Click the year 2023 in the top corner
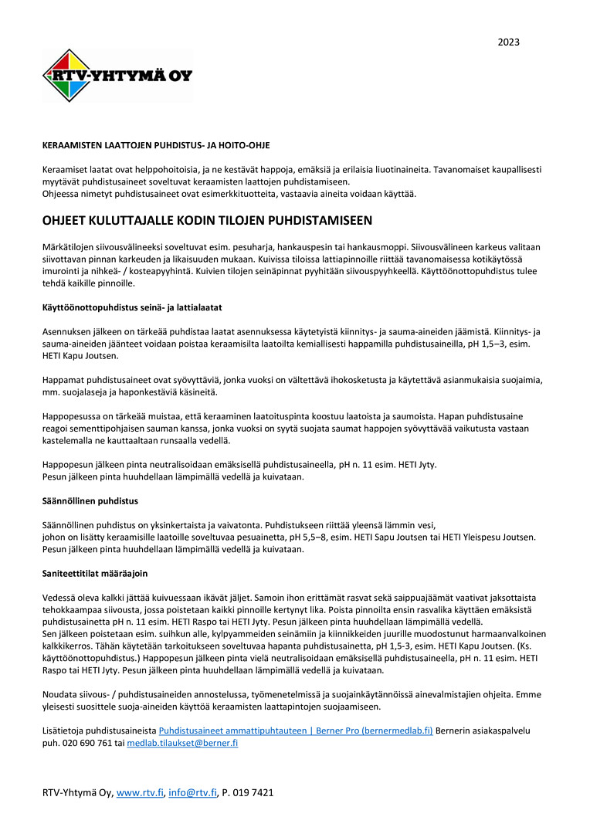click(x=508, y=42)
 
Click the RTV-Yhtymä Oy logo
click(x=117, y=75)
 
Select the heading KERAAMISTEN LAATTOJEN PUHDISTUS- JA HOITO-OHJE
click(x=156, y=145)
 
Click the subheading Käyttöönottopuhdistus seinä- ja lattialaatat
click(x=126, y=307)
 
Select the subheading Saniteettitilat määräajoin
click(x=94, y=575)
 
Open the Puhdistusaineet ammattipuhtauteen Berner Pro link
click(x=296, y=731)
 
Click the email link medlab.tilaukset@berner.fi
click(x=182, y=743)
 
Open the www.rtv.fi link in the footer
click(x=140, y=792)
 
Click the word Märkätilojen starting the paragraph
click(x=69, y=246)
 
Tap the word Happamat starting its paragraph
click(x=63, y=380)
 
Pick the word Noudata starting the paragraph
click(x=60, y=694)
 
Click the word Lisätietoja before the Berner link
click(x=65, y=731)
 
